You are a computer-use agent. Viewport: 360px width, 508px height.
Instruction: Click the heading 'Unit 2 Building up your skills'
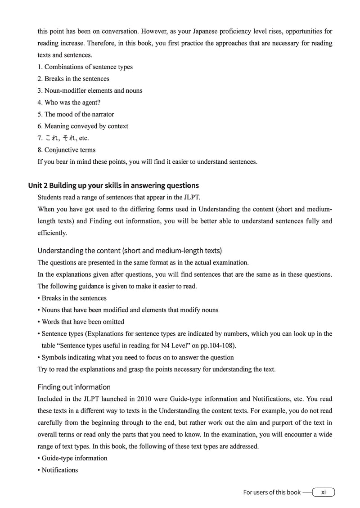[x=118, y=185]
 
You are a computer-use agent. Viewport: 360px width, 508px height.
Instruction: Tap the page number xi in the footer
[x=323, y=492]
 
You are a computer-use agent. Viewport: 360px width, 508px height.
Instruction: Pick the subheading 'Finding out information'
[x=74, y=387]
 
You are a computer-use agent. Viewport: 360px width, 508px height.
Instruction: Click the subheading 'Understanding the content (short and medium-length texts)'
[x=130, y=251]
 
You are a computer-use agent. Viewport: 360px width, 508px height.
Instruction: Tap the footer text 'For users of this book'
[x=272, y=492]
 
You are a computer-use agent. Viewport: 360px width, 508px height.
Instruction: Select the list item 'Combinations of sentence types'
[x=85, y=67]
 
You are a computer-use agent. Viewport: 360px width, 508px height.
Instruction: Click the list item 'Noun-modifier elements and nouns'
[x=90, y=90]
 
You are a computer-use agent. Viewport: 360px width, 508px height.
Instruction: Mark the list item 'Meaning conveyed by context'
[x=83, y=126]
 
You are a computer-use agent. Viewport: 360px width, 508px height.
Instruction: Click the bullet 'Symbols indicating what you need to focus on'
[x=138, y=357]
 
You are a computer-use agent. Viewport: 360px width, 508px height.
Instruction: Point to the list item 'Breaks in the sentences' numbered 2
[x=73, y=79]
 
